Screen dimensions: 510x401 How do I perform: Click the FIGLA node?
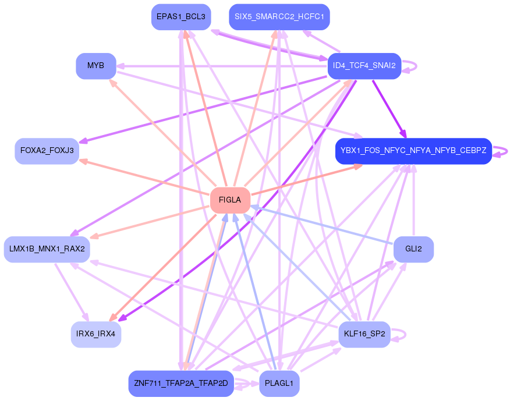tap(230, 200)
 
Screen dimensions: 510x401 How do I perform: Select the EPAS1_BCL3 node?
tap(180, 17)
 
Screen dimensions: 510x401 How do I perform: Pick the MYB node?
tap(96, 66)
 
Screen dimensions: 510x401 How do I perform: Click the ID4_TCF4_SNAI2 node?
tap(364, 66)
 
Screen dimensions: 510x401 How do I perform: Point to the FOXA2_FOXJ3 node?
tap(47, 151)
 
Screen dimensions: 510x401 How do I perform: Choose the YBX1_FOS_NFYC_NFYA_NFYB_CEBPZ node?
tap(413, 151)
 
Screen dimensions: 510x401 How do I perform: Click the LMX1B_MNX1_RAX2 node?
tap(47, 249)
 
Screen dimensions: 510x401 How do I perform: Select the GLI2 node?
tap(413, 249)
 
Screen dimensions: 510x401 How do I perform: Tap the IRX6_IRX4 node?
tap(96, 334)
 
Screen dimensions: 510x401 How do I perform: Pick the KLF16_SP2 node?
tap(364, 334)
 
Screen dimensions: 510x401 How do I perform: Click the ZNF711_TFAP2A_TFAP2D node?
tap(180, 384)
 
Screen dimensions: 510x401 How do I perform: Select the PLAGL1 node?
tap(279, 384)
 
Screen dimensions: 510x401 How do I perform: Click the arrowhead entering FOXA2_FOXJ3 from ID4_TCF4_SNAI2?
tap(83, 141)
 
